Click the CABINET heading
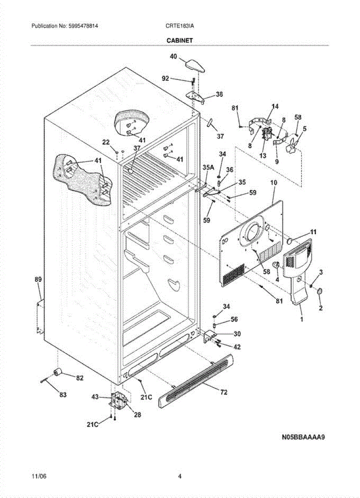(180, 40)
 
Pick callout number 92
(165, 78)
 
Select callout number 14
(275, 107)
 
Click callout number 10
(273, 183)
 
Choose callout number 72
(224, 392)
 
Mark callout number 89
(38, 280)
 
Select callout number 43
(95, 397)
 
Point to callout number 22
(106, 142)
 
